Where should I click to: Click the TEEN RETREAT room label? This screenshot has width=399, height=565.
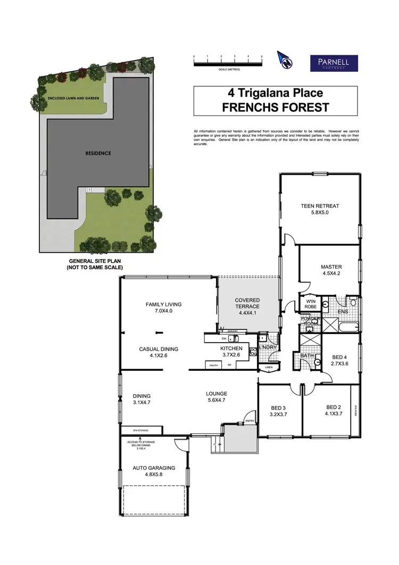[x=320, y=206]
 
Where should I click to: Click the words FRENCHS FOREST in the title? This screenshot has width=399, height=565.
[x=275, y=107]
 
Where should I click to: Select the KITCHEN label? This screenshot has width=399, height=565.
[x=231, y=348]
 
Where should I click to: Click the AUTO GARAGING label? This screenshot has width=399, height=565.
[x=154, y=468]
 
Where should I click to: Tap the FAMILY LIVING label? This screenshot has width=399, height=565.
[x=164, y=304]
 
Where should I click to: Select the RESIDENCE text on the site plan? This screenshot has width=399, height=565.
[x=98, y=153]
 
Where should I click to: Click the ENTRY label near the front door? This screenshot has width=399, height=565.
[x=250, y=422]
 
